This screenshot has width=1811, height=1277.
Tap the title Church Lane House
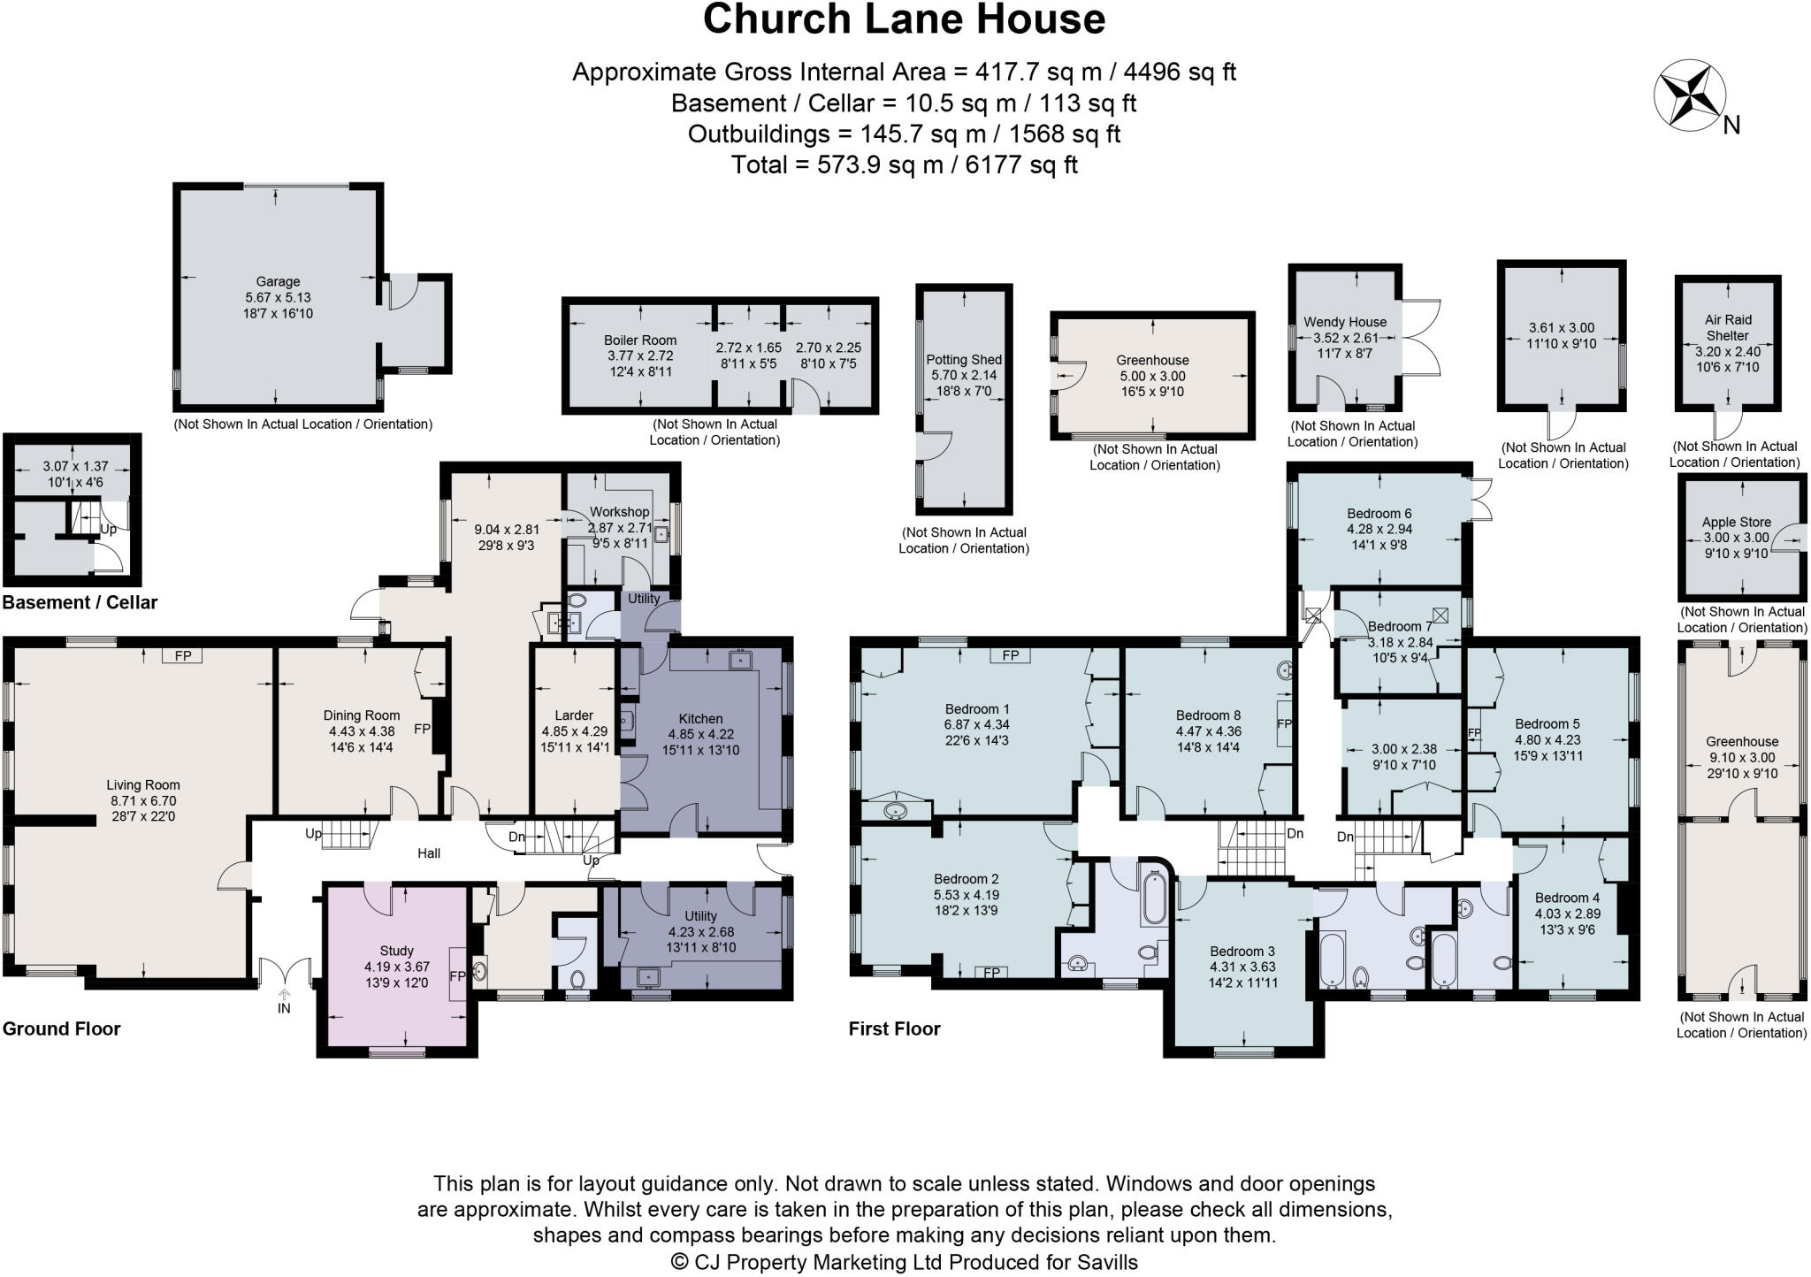point(904,19)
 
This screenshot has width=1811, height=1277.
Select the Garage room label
point(278,282)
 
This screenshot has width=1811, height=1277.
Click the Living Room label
point(142,784)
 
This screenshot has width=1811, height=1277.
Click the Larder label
point(574,715)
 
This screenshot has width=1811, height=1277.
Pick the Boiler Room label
point(640,340)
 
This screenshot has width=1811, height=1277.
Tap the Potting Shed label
point(963,360)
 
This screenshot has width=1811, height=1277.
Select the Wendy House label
point(1345,322)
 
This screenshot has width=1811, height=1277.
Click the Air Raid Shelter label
point(1728,327)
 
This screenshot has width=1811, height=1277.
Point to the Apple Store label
point(1737,522)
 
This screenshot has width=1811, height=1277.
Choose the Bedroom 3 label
point(1242,952)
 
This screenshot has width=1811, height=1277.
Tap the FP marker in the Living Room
point(183,656)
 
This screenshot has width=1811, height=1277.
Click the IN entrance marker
point(284,1008)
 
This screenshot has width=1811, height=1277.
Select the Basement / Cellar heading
point(80,603)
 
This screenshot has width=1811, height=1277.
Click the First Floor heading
point(894,1028)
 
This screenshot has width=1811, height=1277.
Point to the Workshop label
point(619,512)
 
